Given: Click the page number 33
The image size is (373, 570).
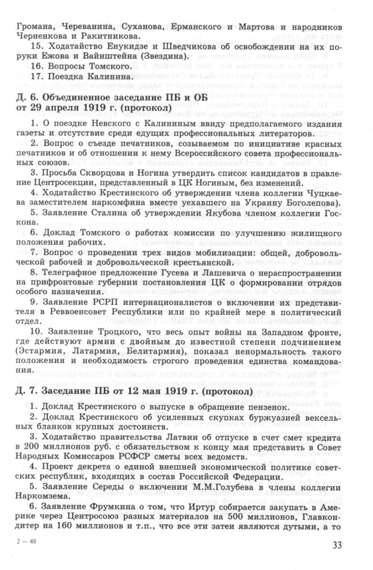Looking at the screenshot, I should point(352,547).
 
